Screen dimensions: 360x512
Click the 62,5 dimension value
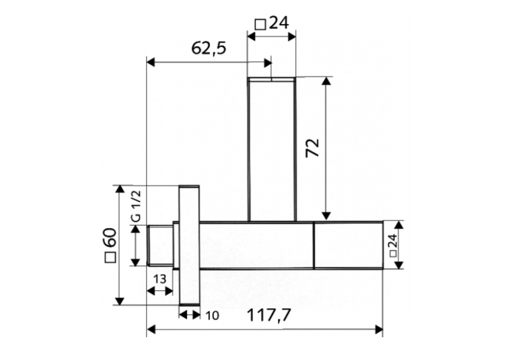coord(208,48)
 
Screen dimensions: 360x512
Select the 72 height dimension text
coord(313,148)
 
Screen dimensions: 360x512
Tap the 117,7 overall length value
coord(270,316)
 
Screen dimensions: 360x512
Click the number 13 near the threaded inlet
coord(159,279)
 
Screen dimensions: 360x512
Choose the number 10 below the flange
coord(211,316)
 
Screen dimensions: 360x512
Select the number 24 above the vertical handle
coord(279,24)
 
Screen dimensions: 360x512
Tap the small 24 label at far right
coord(393,245)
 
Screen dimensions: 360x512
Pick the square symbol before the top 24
coord(260,25)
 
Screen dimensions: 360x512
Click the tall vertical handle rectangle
coord(271,148)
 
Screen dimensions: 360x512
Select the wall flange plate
coord(189,245)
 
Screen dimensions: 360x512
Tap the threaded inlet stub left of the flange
coord(160,245)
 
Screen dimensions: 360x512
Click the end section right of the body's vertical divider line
coord(348,245)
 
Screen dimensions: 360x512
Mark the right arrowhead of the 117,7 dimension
coord(379,330)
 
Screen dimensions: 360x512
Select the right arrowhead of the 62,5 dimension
coord(267,62)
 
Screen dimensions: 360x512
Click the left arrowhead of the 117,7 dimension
coord(151,330)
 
